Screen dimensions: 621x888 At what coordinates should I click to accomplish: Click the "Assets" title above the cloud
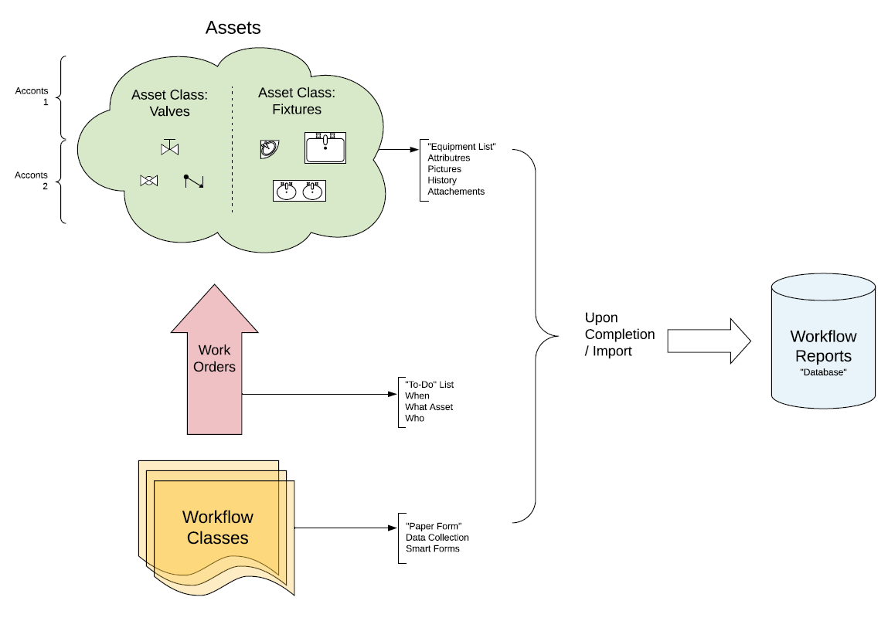(233, 28)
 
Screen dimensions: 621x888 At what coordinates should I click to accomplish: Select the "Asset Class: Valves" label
(170, 103)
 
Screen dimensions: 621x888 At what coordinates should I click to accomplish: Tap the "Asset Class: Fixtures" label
(297, 100)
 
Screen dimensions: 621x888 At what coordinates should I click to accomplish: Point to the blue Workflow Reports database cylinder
(823, 344)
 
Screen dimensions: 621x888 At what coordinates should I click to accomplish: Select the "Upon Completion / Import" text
(619, 334)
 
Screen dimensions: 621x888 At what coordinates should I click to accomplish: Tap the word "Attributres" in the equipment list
(449, 158)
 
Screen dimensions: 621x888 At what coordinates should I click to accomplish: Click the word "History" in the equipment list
(442, 180)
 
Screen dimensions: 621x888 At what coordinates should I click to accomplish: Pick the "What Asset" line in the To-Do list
(429, 407)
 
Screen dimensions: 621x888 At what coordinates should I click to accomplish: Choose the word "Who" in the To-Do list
(415, 418)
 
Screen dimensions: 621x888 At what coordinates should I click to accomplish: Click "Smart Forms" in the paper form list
(433, 548)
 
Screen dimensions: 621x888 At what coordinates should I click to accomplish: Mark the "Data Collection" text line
(437, 538)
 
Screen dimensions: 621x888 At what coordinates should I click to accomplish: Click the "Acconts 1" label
(32, 97)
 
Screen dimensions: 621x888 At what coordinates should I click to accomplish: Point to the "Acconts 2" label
(32, 181)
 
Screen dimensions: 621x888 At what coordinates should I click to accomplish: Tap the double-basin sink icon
(299, 190)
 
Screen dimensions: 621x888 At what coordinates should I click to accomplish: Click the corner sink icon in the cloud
(269, 148)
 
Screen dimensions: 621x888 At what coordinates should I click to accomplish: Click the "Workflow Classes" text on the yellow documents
(218, 527)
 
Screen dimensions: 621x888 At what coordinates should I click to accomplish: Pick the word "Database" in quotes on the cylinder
(823, 372)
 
